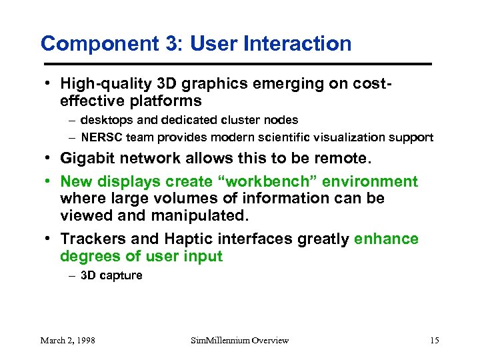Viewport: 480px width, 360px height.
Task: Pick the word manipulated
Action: pos(197,215)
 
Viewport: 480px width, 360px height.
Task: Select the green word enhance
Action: pos(387,239)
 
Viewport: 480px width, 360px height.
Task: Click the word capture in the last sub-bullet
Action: pos(121,275)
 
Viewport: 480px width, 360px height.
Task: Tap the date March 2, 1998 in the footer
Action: pos(67,340)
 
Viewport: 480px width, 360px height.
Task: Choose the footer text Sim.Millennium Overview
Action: pos(240,340)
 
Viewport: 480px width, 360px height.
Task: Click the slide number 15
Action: pos(434,340)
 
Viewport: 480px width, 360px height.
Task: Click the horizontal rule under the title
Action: pos(237,63)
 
